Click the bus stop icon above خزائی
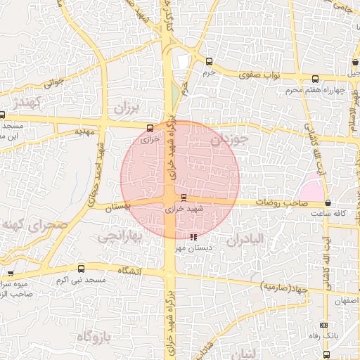(x=149, y=128)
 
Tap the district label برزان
(x=127, y=108)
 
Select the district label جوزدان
(x=230, y=139)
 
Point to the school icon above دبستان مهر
(x=193, y=236)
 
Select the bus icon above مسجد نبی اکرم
(x=81, y=269)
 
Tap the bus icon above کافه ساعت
(x=328, y=202)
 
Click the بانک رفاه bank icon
(x=323, y=325)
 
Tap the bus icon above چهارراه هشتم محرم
(x=314, y=79)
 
